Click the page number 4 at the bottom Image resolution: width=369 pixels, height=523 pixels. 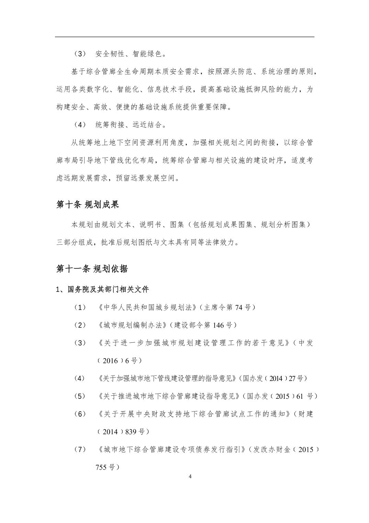(190, 477)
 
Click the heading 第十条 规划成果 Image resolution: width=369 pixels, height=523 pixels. (88, 205)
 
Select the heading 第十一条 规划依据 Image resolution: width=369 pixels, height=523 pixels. (92, 269)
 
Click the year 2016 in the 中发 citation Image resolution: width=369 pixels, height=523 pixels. (110, 361)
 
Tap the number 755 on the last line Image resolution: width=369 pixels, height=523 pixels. (102, 467)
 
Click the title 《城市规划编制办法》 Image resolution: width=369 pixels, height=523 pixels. (133, 325)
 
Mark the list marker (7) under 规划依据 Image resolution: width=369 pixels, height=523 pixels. (80, 449)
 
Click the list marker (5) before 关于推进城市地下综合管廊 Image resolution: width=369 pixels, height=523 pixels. (80, 396)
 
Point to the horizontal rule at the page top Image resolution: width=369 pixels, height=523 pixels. (185, 37)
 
